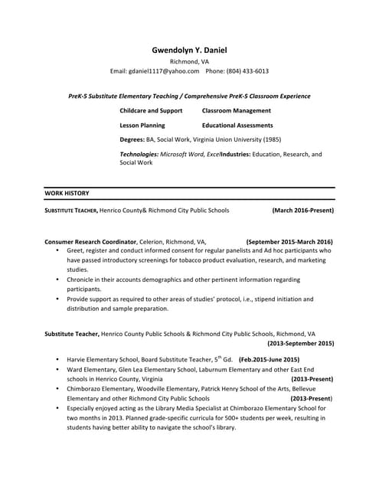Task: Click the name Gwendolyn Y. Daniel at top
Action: click(x=189, y=50)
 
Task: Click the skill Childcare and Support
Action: click(x=151, y=111)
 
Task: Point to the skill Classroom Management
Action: click(x=236, y=111)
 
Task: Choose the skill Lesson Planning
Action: click(x=142, y=125)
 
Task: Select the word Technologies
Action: click(x=139, y=154)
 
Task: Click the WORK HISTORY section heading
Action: click(x=67, y=194)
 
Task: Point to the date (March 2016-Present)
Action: click(x=302, y=210)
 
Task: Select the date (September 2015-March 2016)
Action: click(x=289, y=241)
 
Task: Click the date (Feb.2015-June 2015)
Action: click(x=269, y=359)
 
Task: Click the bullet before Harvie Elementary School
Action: click(x=57, y=359)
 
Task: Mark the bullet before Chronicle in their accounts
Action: click(x=57, y=280)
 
